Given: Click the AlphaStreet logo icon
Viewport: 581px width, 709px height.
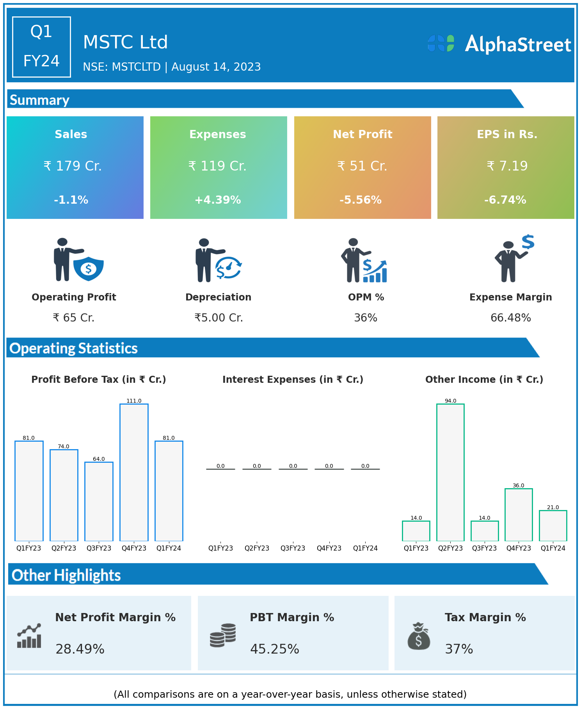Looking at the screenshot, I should click(441, 43).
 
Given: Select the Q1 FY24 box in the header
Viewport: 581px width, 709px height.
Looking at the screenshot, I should click(41, 47).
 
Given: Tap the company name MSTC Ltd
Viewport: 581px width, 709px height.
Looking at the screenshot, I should click(125, 42).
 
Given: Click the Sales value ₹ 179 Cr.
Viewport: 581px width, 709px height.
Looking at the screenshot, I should click(73, 166).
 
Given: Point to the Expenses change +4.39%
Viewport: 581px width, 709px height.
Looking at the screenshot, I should click(218, 200).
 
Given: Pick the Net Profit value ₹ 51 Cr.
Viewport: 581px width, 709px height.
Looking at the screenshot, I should click(362, 166).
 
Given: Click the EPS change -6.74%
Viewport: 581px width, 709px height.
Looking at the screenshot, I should click(505, 200).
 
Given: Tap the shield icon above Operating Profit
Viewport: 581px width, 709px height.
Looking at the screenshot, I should click(89, 268).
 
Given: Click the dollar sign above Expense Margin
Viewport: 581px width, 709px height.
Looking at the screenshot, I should click(528, 242).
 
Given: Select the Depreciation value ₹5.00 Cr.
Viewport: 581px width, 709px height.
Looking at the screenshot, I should click(219, 318).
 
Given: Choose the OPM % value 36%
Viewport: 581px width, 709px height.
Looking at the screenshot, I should click(366, 318).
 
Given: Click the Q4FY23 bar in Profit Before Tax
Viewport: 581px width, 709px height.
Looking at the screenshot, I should click(134, 472).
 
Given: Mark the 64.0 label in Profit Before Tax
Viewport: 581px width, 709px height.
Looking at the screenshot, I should click(99, 459).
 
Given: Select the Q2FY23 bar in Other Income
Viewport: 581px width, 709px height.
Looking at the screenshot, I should click(450, 472).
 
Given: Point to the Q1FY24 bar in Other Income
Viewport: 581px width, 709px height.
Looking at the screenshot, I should click(553, 526).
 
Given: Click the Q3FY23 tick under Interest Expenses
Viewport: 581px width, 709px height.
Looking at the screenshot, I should click(293, 548).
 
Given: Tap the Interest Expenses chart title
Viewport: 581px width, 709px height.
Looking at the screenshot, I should click(293, 379).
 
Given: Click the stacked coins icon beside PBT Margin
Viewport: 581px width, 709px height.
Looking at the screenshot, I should click(223, 635).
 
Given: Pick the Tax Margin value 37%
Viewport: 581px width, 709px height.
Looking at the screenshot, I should click(459, 649).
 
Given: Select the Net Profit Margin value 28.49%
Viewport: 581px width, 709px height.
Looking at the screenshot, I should click(80, 649).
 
